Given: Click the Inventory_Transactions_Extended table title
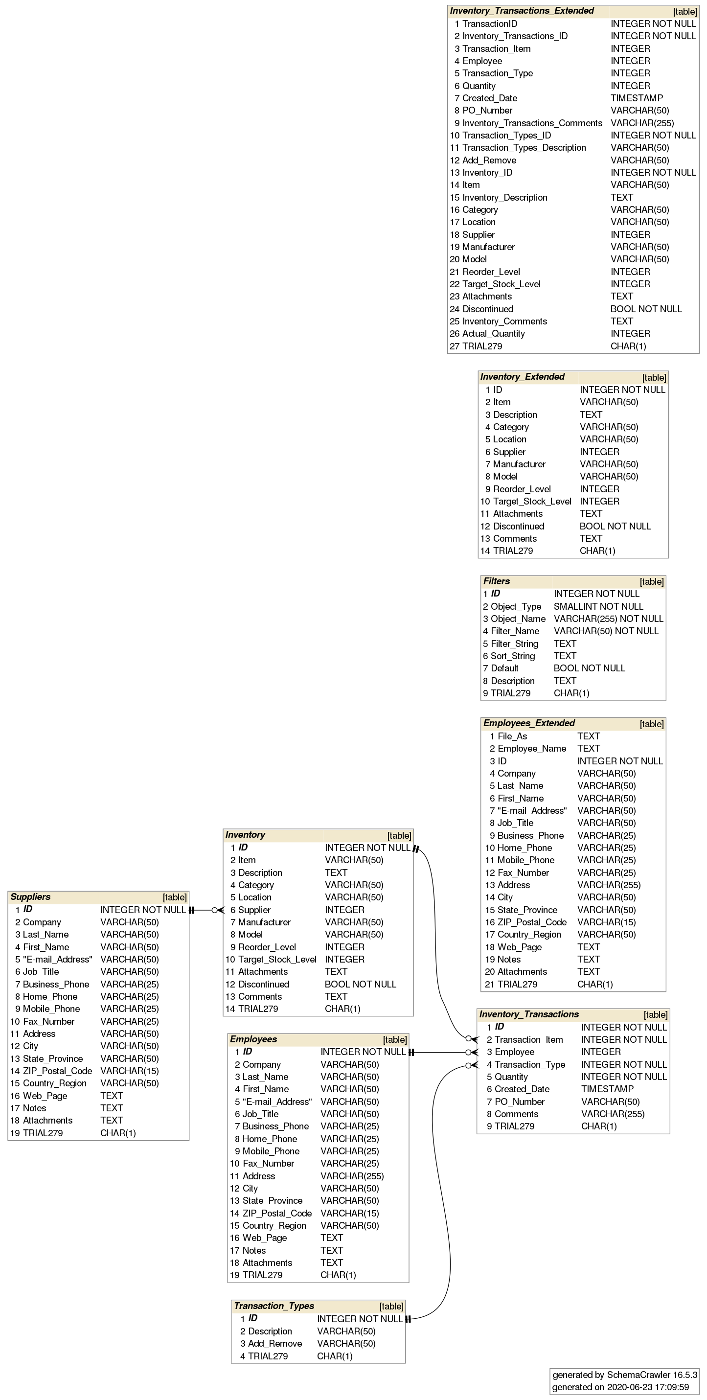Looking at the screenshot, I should tap(522, 11).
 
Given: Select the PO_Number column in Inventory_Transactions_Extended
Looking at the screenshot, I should tap(487, 110).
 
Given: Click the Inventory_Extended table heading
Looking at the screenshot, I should tap(522, 377).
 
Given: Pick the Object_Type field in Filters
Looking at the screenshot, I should tap(516, 606).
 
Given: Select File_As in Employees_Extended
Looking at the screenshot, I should tap(512, 736).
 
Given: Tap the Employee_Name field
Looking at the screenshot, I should tap(531, 748).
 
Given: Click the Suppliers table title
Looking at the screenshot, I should tap(30, 897).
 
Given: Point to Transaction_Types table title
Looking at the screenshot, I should tap(274, 1306).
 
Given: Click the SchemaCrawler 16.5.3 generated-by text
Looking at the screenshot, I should tap(624, 1375).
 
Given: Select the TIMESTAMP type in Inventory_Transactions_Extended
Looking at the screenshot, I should tap(637, 98).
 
